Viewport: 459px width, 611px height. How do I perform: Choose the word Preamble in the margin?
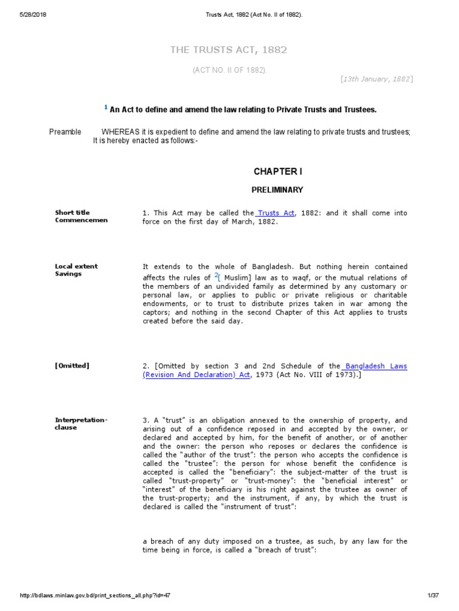pyautogui.click(x=65, y=132)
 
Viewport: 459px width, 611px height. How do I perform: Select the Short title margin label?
pyautogui.click(x=72, y=212)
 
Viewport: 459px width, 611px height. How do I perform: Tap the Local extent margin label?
pyautogui.click(x=76, y=266)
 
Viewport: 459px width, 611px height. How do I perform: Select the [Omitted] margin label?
pyautogui.click(x=72, y=365)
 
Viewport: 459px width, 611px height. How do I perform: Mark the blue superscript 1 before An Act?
pyautogui.click(x=106, y=107)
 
